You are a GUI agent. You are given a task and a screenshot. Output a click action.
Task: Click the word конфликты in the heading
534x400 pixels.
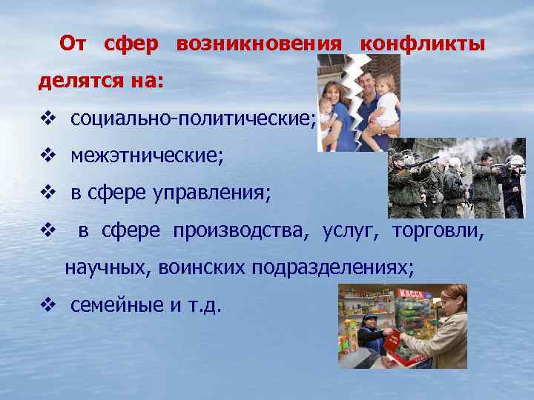[x=422, y=44]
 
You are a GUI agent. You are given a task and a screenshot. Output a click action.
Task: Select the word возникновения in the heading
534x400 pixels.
[x=259, y=44]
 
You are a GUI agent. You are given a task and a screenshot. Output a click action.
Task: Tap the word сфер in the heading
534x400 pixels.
[x=131, y=44]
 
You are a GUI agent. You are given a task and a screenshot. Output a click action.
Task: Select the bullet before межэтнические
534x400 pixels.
[x=48, y=156]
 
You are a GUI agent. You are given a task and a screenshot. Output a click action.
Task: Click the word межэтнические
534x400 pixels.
[x=146, y=156]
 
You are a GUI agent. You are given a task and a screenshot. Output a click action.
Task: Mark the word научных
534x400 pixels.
[x=107, y=267]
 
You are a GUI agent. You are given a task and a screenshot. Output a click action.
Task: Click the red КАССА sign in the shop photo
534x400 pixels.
[x=412, y=294]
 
